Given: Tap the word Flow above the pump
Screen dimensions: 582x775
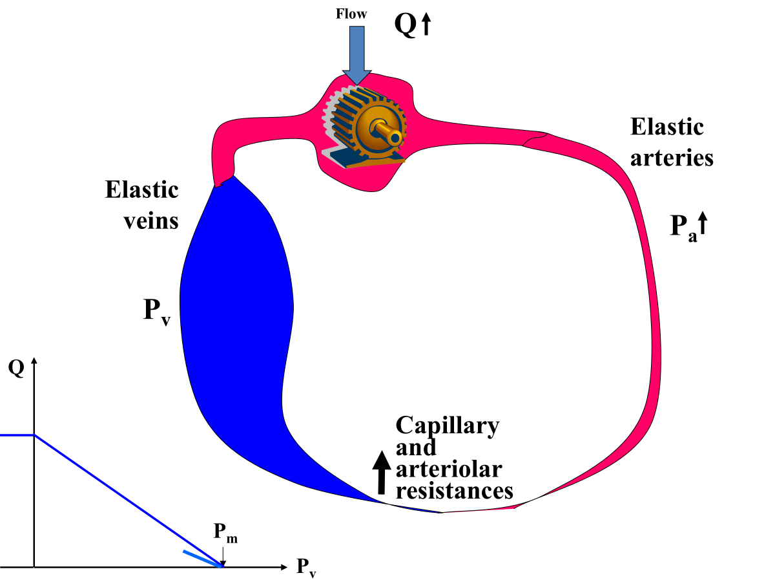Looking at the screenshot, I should (351, 13).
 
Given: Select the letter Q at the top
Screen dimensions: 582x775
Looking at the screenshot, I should (406, 25).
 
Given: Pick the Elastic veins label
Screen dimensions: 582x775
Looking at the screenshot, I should (142, 205).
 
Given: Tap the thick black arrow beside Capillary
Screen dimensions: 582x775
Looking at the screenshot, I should (382, 471).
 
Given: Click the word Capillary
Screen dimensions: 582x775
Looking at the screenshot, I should (447, 426).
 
